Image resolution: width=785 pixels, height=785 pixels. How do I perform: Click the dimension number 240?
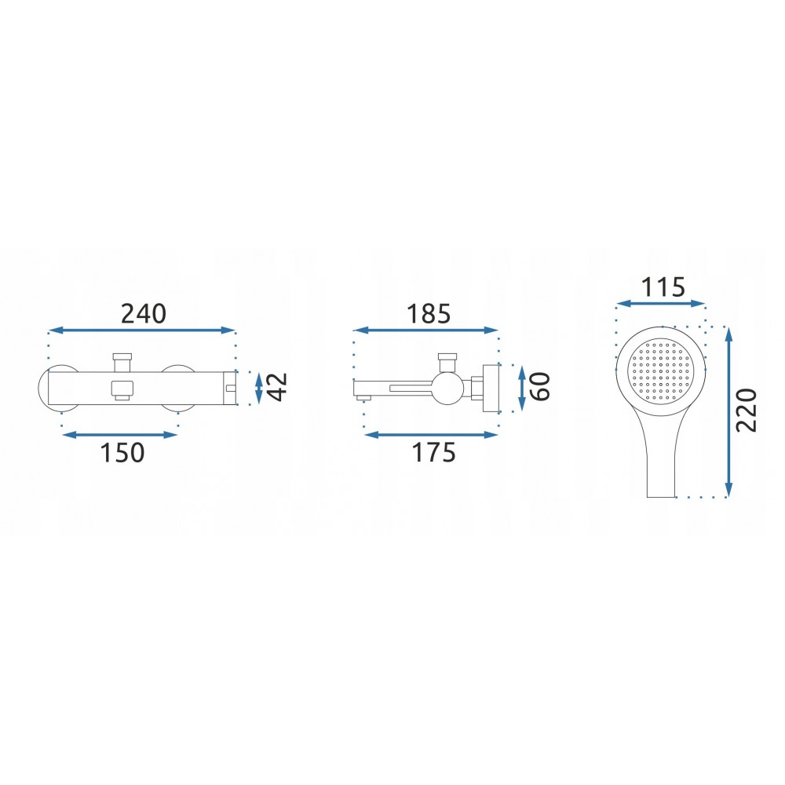pos(143,314)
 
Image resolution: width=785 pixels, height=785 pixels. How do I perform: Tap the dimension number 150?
pos(122,453)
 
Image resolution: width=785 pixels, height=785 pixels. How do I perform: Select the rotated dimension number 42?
pos(277,386)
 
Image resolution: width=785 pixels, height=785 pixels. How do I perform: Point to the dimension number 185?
pos(429,314)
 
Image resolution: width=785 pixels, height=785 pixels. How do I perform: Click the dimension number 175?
pos(433,453)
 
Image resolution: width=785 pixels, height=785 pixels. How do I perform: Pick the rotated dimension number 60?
pos(540,386)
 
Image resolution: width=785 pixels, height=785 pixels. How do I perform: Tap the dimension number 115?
pos(663,287)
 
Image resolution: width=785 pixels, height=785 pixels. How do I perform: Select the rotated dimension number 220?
pos(747,410)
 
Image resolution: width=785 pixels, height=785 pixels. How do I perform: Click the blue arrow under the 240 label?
pos(141,330)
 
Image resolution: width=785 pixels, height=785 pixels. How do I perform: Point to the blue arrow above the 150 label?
pos(119,435)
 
